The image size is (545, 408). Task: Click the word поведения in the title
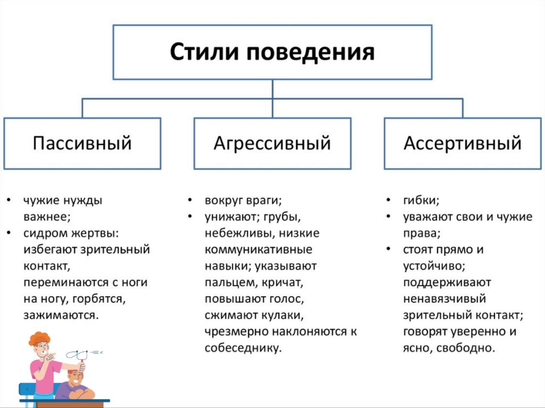310,53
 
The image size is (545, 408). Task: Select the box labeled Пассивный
82,144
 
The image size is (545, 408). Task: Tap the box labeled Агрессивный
272,144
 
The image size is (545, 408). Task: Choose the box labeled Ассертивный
462,144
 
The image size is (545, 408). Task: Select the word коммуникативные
258,249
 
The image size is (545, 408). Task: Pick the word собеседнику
243,348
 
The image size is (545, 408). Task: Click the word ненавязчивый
445,299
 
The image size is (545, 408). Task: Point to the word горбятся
99,299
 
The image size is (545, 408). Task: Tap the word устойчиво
434,266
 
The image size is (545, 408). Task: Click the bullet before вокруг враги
190,200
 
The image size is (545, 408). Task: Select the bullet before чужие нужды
9,200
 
